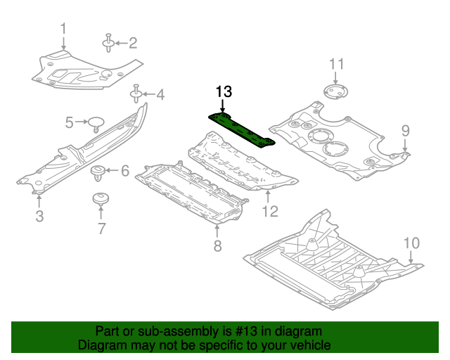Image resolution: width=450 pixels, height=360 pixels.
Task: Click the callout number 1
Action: pos(63,29)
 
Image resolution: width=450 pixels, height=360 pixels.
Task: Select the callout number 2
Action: pos(131,44)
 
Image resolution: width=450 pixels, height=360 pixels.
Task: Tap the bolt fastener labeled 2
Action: pos(109,44)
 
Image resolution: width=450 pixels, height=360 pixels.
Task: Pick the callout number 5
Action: pos(70,123)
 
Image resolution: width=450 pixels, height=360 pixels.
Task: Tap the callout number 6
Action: pos(125,171)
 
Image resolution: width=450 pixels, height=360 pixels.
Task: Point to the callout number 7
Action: pos(101,228)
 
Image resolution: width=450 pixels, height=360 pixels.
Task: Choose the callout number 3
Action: pos(39,217)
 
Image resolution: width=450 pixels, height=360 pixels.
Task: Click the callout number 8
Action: pos(217,245)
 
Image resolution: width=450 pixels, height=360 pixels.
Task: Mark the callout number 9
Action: pos(405,130)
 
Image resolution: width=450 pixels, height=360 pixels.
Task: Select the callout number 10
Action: pos(411,243)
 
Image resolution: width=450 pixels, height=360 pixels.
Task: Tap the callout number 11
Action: pos(337,64)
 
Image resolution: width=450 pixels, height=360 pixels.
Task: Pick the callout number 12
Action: pos(271,210)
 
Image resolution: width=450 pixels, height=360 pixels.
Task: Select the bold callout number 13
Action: pos(224,91)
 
